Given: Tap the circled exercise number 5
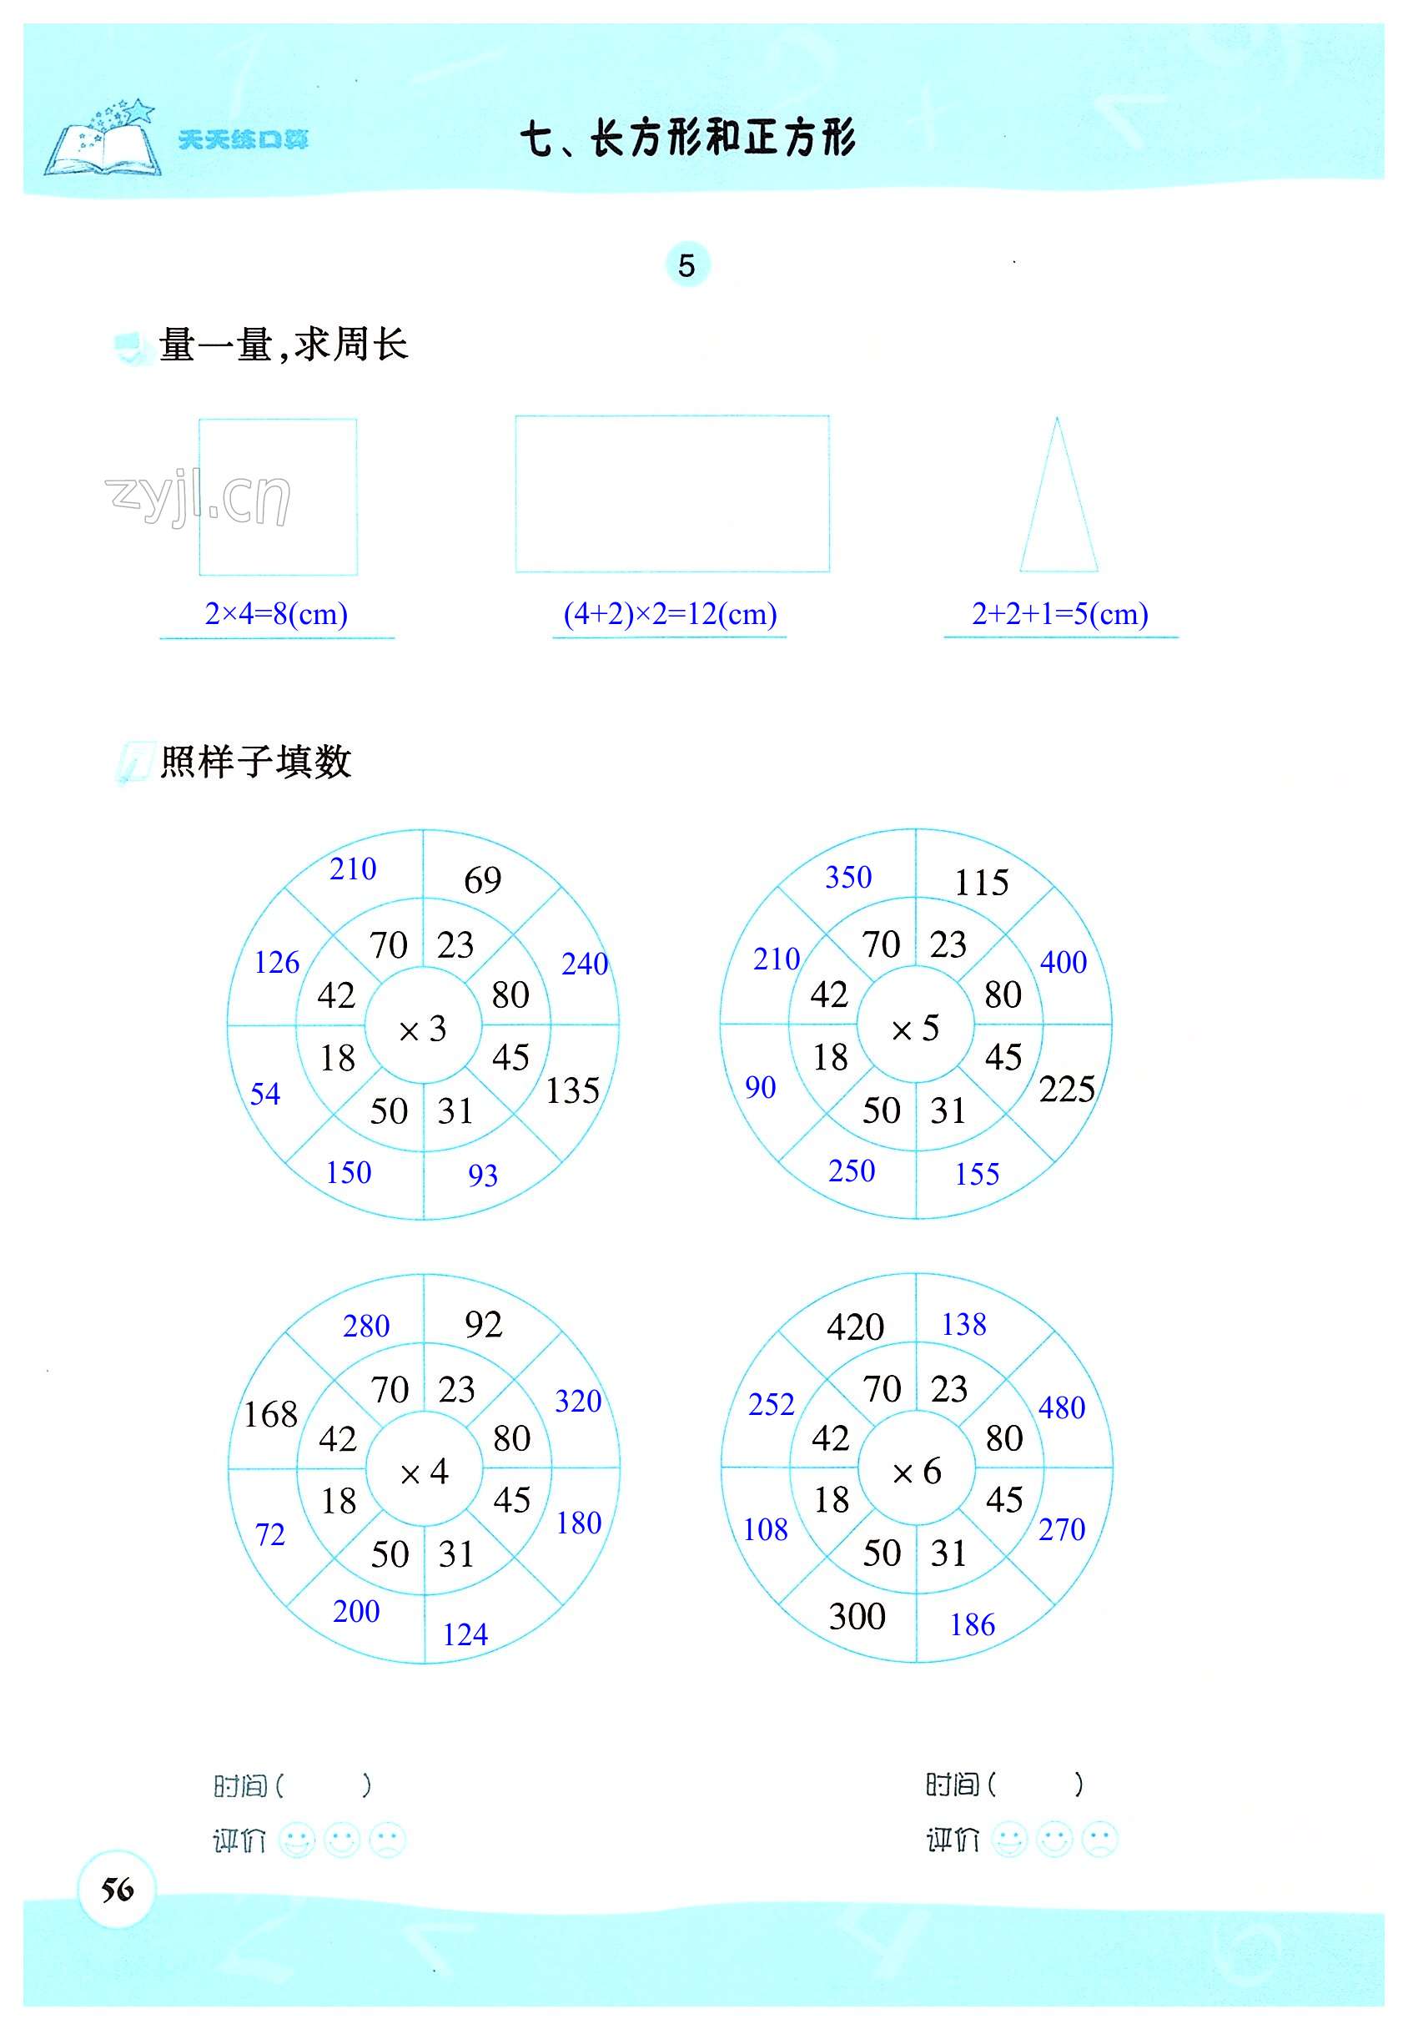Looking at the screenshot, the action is (x=686, y=264).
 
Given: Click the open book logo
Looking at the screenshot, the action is (x=103, y=141).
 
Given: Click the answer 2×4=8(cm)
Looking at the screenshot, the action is (x=276, y=613).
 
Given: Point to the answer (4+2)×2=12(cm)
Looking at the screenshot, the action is (x=670, y=613).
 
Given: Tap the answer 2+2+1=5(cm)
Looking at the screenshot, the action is (x=1059, y=613).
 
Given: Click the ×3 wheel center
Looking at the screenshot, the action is (x=424, y=1028).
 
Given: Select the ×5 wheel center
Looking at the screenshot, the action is (x=916, y=1028).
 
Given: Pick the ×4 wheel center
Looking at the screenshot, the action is (x=425, y=1472).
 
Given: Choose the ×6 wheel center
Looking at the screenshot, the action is (x=917, y=1471).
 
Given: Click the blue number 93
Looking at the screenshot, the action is (x=483, y=1175).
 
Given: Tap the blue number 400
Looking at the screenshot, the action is (x=1063, y=962).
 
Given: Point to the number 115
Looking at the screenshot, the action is (x=981, y=882).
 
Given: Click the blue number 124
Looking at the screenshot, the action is (x=465, y=1634).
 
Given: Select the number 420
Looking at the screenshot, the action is (x=855, y=1327).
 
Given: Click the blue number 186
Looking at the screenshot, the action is (x=973, y=1624).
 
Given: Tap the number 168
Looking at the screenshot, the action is (x=271, y=1415).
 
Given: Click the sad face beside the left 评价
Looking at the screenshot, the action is (x=387, y=1840).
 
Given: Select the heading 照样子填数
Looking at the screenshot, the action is (x=256, y=762).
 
